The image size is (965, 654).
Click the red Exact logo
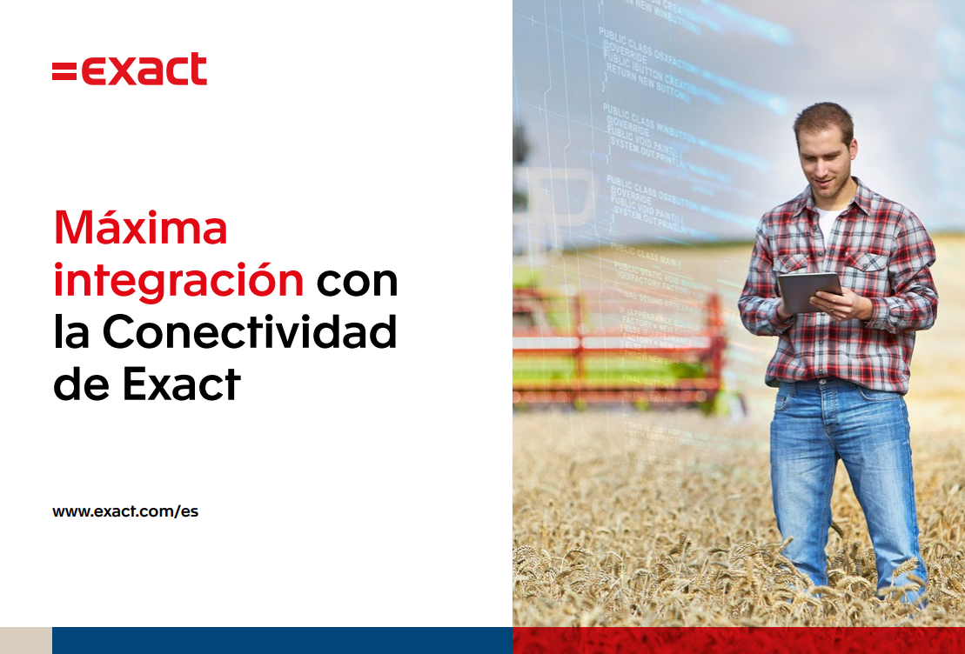coord(130,70)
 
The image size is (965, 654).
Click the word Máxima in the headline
coord(140,228)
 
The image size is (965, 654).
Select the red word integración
coord(178,281)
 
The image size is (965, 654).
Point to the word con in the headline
coord(357,281)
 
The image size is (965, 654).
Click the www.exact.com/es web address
coord(125,511)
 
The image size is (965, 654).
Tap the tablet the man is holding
coord(808,291)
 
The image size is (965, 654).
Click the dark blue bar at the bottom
coord(282,640)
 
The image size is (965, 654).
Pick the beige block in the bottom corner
coord(25,640)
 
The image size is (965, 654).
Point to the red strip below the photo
coord(738,640)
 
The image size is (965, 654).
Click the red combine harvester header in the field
coord(618,344)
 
